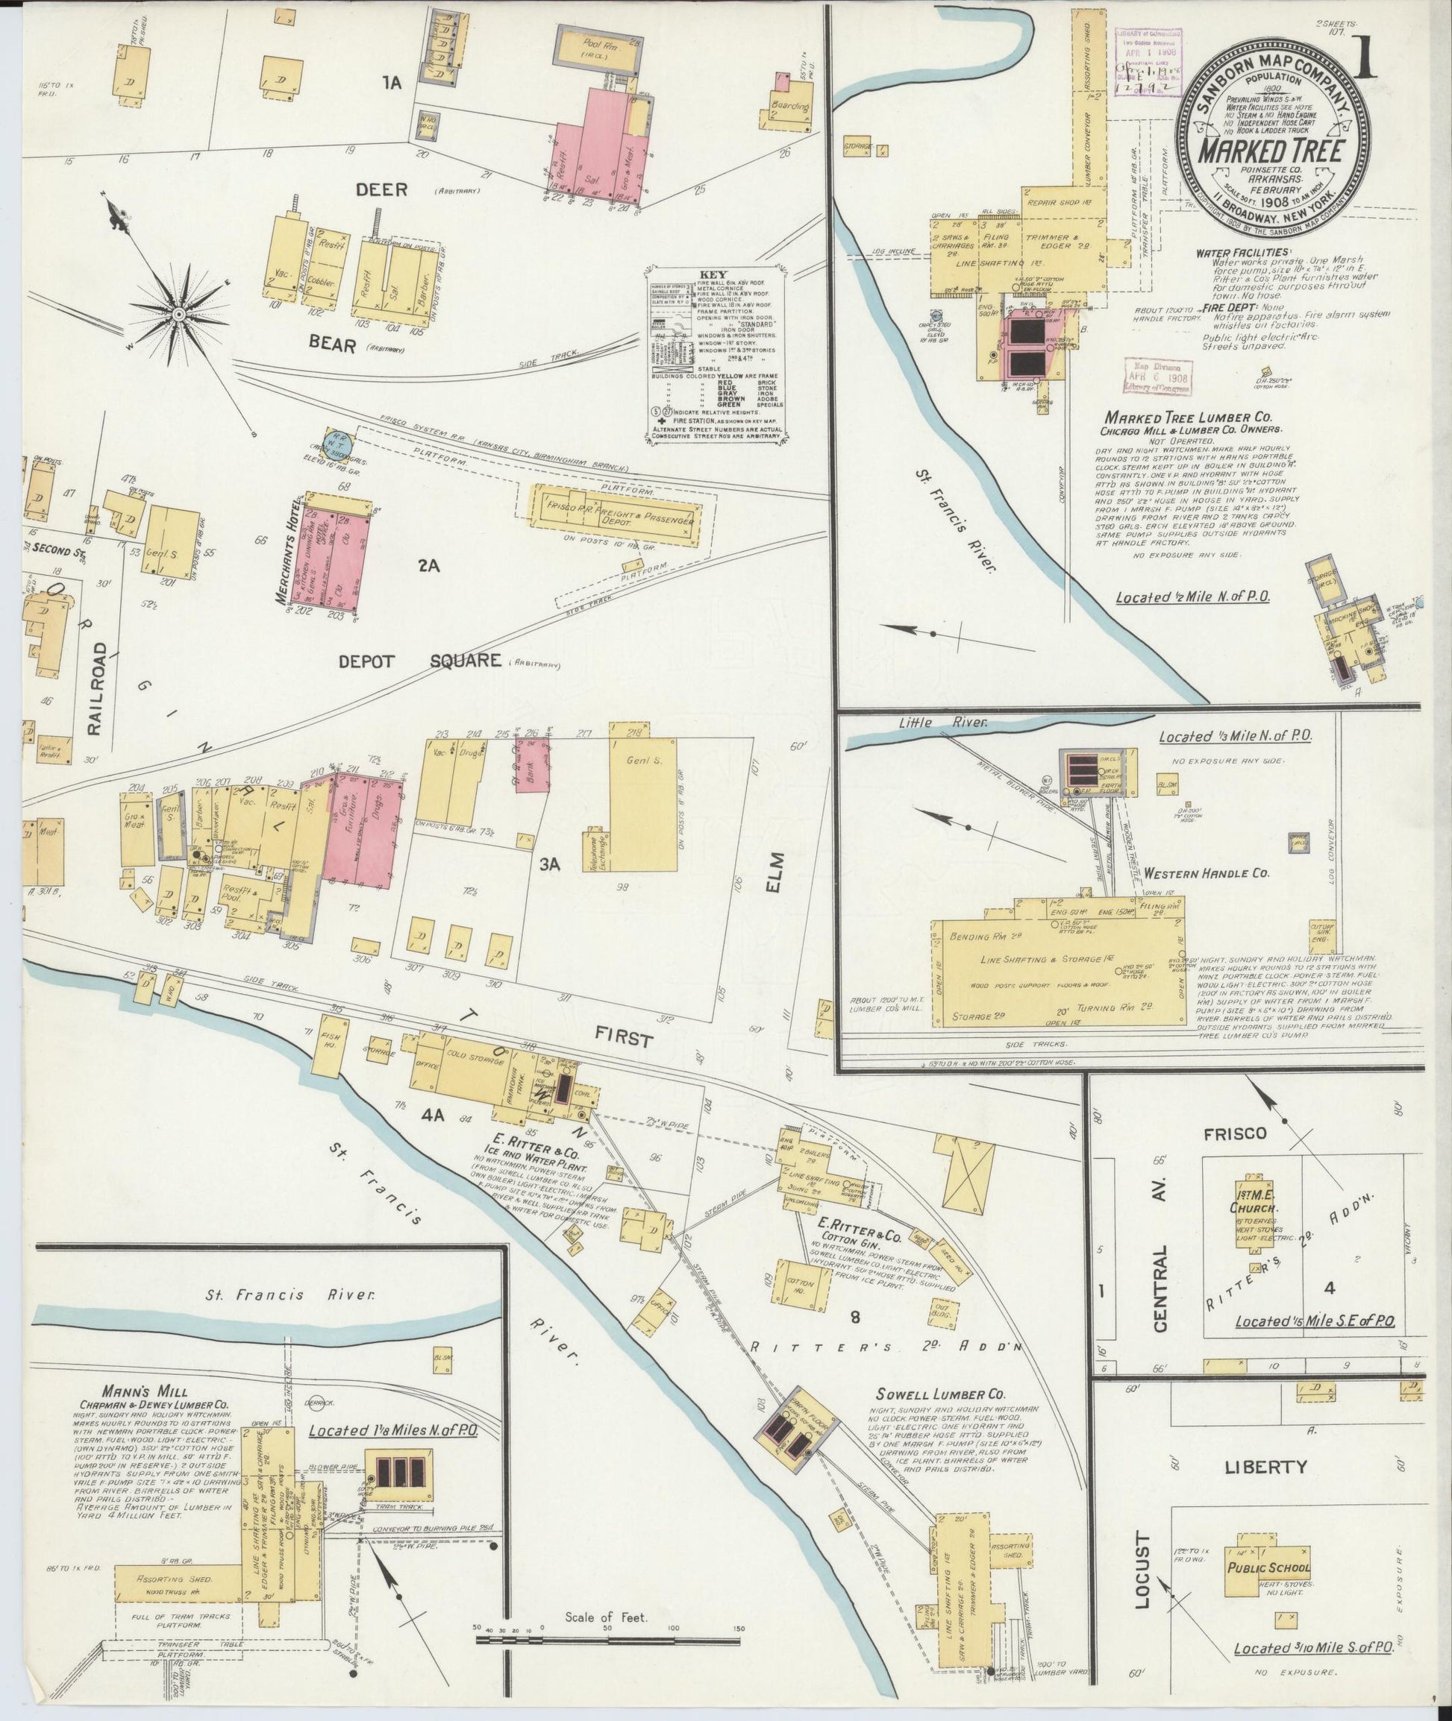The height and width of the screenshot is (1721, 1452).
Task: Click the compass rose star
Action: click(x=178, y=315)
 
